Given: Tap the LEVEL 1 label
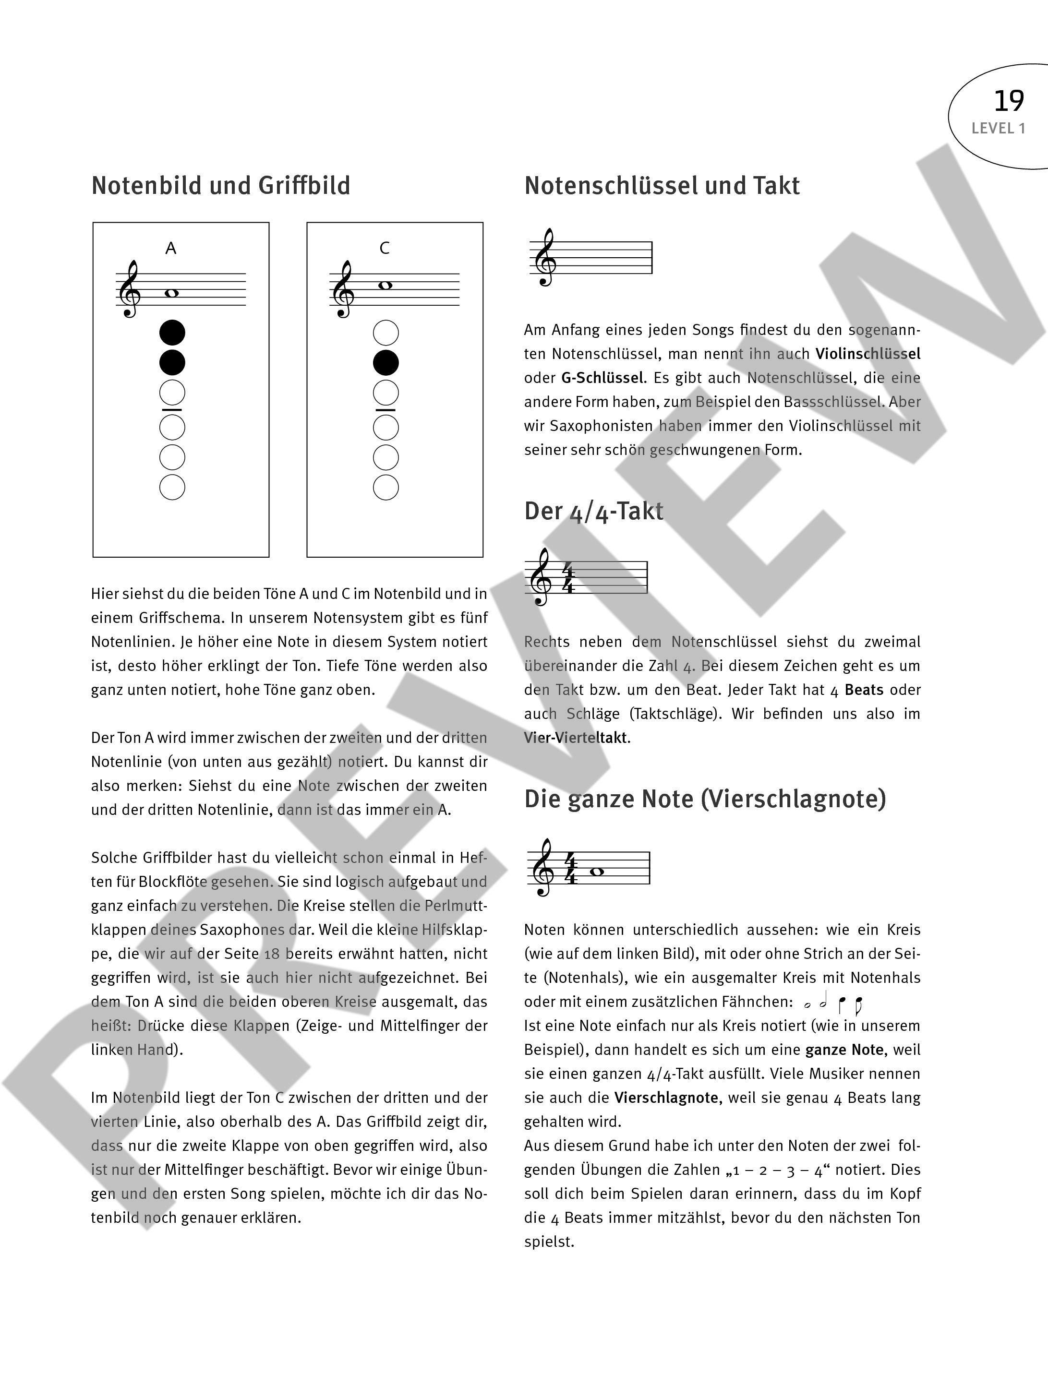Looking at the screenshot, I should pyautogui.click(x=998, y=129).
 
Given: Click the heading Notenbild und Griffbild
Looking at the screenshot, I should pyautogui.click(x=221, y=186).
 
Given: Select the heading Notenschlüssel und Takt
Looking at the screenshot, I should pyautogui.click(x=662, y=186).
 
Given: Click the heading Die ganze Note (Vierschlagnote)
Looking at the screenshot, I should pyautogui.click(x=705, y=799).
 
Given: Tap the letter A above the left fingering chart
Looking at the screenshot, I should pyautogui.click(x=171, y=249).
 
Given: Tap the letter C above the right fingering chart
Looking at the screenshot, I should pyautogui.click(x=384, y=248).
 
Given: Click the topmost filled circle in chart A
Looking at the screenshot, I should pyautogui.click(x=172, y=333).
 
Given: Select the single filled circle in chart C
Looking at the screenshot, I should pyautogui.click(x=385, y=362).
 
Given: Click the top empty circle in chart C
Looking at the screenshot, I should pyautogui.click(x=385, y=333).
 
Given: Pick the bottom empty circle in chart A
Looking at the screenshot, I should pyautogui.click(x=172, y=487).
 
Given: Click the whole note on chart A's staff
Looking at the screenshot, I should pyautogui.click(x=171, y=293).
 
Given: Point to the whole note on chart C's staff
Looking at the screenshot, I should pyautogui.click(x=385, y=286).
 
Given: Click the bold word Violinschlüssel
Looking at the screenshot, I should pyautogui.click(x=867, y=354).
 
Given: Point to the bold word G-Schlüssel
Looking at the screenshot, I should pyautogui.click(x=602, y=378).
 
